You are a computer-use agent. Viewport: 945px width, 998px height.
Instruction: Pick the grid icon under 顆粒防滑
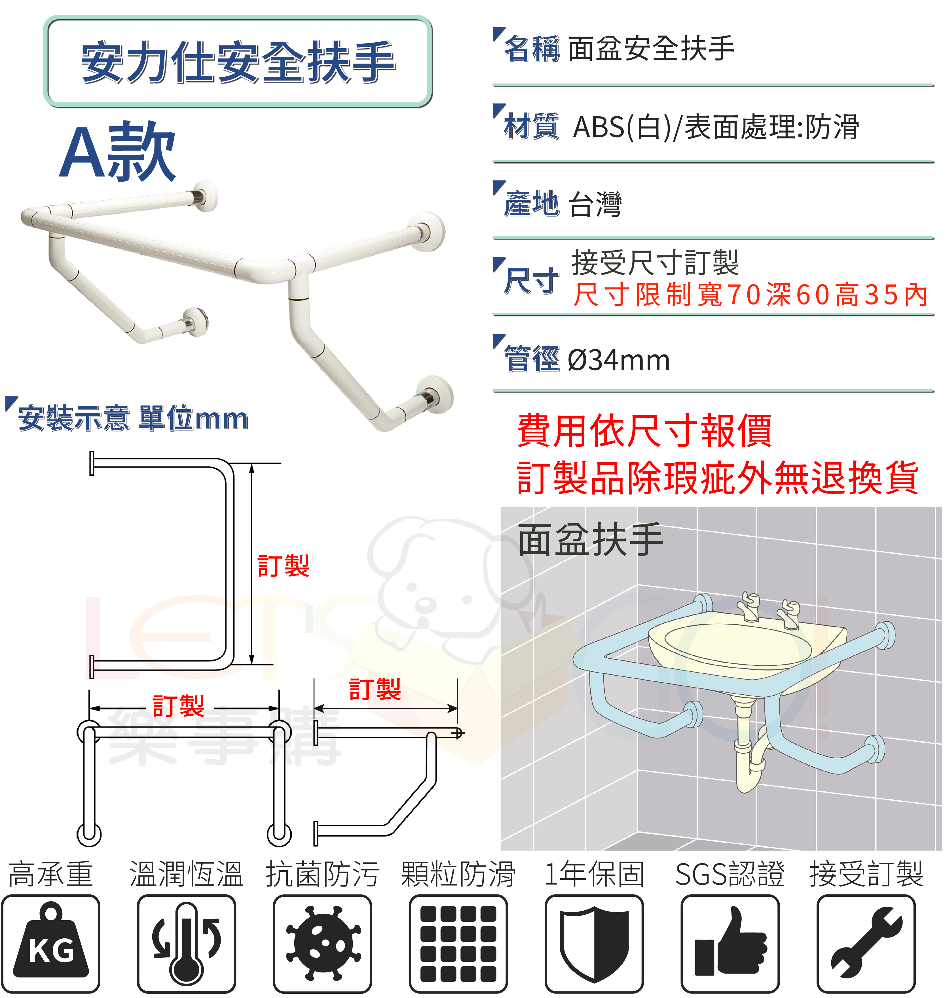tap(458, 944)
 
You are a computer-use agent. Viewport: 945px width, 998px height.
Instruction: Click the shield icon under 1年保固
tap(594, 944)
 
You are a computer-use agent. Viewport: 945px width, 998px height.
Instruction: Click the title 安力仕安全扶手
tap(238, 62)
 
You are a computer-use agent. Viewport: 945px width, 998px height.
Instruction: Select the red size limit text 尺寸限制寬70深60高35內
tap(750, 295)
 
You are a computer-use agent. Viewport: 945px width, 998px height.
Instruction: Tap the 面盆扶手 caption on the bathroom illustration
tap(590, 540)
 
